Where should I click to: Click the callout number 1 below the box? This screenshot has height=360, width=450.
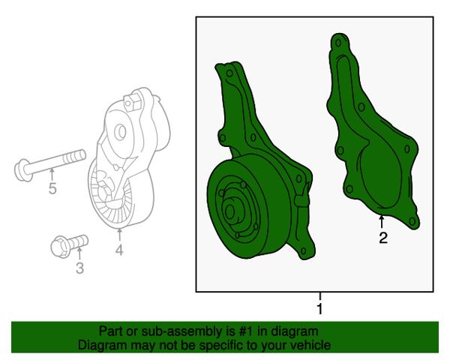[x=319, y=309]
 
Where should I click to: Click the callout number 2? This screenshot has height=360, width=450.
[x=383, y=238]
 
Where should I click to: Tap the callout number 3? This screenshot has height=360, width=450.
[x=79, y=268]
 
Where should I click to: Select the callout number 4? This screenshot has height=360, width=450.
[x=119, y=250]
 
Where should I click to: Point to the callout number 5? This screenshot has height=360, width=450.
[x=52, y=188]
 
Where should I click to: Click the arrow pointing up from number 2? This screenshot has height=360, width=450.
[x=382, y=223]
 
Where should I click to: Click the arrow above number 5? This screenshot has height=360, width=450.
[x=52, y=175]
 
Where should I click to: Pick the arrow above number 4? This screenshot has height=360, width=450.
[x=119, y=235]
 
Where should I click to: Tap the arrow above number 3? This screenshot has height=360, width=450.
[x=79, y=253]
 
